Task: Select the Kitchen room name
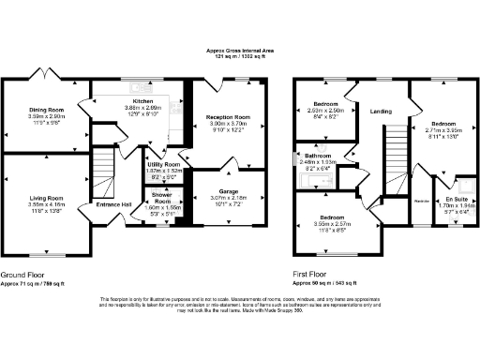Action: tap(142, 99)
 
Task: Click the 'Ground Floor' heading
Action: tap(20, 247)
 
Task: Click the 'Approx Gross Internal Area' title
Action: tap(239, 51)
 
